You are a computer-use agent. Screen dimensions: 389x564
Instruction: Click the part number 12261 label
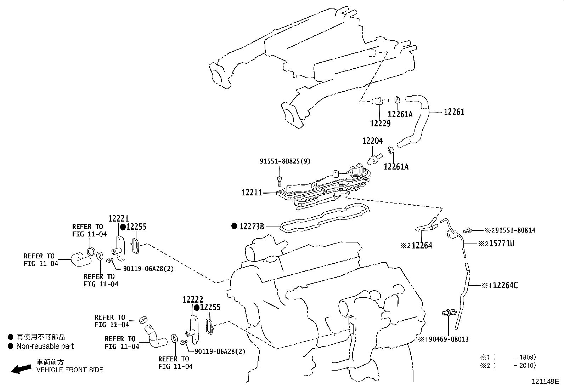[x=454, y=112]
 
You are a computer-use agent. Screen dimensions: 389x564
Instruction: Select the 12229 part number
[x=380, y=123]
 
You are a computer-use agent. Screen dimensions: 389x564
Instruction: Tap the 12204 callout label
[x=372, y=141]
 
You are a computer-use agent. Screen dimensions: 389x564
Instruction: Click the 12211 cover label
[x=252, y=193]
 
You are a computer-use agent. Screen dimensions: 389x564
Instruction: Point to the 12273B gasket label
[x=252, y=226]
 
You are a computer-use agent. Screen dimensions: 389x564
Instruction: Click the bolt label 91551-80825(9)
[x=285, y=161]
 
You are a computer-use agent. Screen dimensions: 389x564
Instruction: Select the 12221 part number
[x=118, y=219]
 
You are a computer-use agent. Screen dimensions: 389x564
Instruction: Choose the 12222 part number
[x=193, y=299]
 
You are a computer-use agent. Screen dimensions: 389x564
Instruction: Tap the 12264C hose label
[x=505, y=285]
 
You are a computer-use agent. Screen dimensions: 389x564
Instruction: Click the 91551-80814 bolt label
[x=515, y=230]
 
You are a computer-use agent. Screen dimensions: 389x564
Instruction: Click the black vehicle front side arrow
[x=21, y=369]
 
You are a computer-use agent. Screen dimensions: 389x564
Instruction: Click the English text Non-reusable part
[x=45, y=346]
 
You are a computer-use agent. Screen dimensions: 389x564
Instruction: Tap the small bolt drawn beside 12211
[x=280, y=181]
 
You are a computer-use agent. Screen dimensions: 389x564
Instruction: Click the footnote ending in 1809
[x=508, y=357]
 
